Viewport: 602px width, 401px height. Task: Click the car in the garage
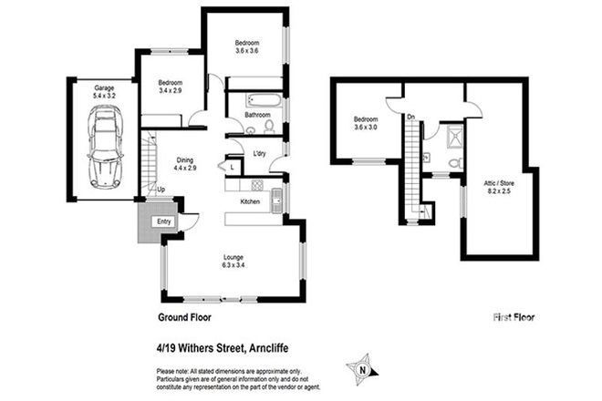[x=105, y=147]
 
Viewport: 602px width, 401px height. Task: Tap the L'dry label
[x=259, y=152]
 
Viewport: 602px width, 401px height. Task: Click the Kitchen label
[x=251, y=200]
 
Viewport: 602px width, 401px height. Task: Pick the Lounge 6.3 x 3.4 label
[x=234, y=262]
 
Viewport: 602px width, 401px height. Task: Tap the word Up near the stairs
[x=161, y=190]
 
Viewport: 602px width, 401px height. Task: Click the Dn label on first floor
[x=411, y=117]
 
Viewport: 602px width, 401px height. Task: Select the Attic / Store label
[x=500, y=187]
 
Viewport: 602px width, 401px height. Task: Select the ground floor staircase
[x=150, y=164]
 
